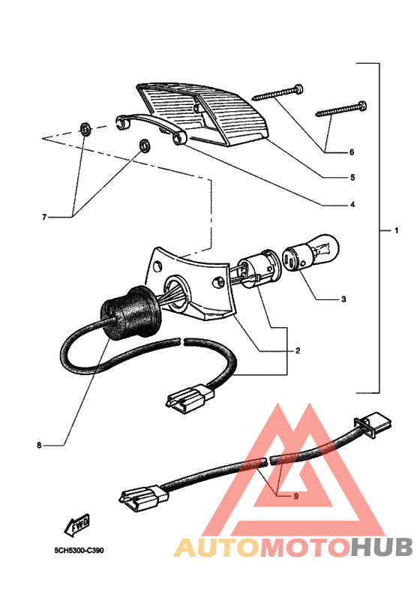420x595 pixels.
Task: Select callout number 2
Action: point(298,350)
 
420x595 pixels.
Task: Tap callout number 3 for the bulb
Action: point(343,299)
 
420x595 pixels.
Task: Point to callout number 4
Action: point(352,205)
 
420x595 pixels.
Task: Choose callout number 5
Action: point(352,178)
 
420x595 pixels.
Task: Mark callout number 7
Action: point(44,217)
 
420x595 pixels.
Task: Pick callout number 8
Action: point(39,445)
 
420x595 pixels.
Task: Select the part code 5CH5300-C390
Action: point(79,550)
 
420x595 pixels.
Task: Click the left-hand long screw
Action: point(277,93)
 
